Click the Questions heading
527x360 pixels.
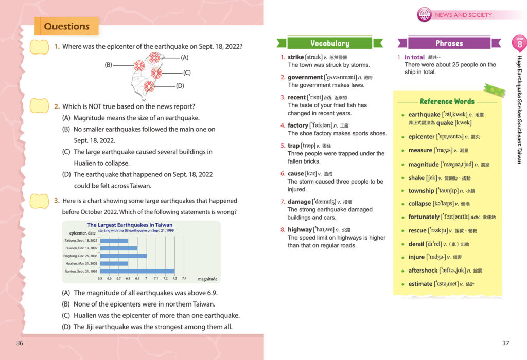tap(66, 27)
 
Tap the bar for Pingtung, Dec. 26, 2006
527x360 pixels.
tap(123, 256)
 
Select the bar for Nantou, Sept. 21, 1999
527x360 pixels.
tap(137, 271)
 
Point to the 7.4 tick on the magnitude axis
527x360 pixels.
tap(184, 278)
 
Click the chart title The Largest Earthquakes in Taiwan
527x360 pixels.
tap(130, 225)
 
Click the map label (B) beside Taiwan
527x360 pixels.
tap(109, 65)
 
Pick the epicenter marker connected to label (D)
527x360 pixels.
tap(149, 86)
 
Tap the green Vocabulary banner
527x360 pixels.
tap(329, 44)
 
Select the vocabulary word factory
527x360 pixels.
tap(297, 125)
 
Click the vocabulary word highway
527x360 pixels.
tap(300, 230)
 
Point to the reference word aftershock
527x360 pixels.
tap(423, 271)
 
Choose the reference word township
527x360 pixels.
tap(421, 191)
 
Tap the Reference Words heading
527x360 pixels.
tap(447, 101)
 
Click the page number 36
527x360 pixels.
tap(20, 343)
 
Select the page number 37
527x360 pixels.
tap(505, 343)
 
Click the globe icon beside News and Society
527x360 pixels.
tap(424, 14)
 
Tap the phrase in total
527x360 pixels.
tap(414, 57)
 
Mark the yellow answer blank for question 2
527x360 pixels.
tap(40, 106)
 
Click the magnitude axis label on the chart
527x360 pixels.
tap(207, 279)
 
